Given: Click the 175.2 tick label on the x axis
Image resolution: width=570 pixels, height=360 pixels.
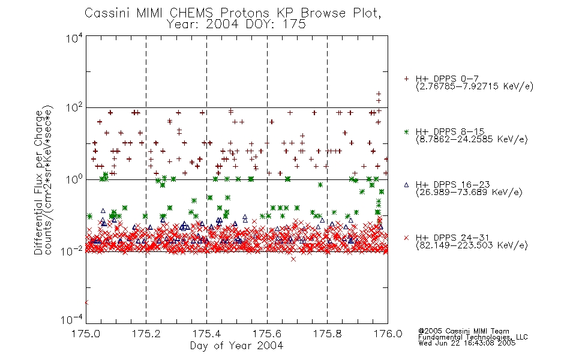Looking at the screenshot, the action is pos(146,334).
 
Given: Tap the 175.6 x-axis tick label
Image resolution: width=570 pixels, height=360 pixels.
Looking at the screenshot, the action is pos(267,334).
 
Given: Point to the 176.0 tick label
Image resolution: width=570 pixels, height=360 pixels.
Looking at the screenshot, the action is pos(388,334).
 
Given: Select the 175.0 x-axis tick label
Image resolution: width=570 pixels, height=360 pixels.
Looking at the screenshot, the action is pos(85,334).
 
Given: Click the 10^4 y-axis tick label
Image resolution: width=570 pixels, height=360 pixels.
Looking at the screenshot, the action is pos(74,38).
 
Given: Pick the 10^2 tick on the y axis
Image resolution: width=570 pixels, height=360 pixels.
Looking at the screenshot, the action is pos(74,107).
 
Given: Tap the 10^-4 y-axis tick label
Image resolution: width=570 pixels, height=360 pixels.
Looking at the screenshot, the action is pos(72,319).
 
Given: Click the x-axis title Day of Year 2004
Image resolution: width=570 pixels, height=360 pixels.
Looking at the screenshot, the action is pos(236,346).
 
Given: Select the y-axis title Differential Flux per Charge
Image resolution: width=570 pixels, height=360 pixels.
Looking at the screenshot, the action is pos(38,182).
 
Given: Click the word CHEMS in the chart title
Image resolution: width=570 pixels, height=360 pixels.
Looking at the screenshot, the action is pos(192,13).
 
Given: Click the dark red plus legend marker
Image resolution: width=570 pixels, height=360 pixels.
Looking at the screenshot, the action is pos(406,79).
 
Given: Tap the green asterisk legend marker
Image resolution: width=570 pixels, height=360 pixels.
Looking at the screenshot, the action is pos(406,132).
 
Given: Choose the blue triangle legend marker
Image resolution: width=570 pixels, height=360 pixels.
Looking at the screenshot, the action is pos(406,185).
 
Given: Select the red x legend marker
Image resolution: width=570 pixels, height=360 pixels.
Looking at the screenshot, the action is pos(406,238).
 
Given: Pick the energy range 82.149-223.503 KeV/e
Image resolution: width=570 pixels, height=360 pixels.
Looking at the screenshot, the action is pos(472,245).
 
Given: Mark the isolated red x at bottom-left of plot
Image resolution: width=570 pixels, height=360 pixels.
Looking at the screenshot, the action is pos(86,302).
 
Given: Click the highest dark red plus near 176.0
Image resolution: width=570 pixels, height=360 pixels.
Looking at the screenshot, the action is pos(379,94).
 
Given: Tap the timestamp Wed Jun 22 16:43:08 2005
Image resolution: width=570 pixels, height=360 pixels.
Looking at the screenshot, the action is pos(467,343).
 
